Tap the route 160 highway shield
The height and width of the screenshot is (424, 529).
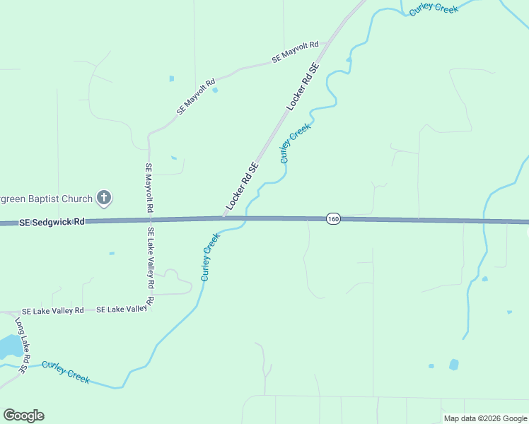tap(334, 219)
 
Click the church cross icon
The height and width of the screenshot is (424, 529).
tap(104, 197)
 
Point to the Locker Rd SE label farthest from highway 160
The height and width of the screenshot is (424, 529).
tap(303, 86)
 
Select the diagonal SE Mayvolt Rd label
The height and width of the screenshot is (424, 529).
tap(196, 97)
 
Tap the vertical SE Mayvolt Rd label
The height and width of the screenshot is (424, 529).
tap(149, 189)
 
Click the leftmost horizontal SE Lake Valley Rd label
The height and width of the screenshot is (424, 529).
tap(52, 311)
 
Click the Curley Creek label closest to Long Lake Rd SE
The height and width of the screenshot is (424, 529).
tap(66, 372)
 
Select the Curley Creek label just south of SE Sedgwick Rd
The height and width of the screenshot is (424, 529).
tap(210, 257)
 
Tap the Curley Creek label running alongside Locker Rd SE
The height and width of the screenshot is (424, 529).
tap(295, 143)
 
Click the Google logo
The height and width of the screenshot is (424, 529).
tap(23, 416)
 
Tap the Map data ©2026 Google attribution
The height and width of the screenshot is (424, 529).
tap(485, 418)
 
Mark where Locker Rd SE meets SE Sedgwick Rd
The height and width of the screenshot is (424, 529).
tap(223, 218)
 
